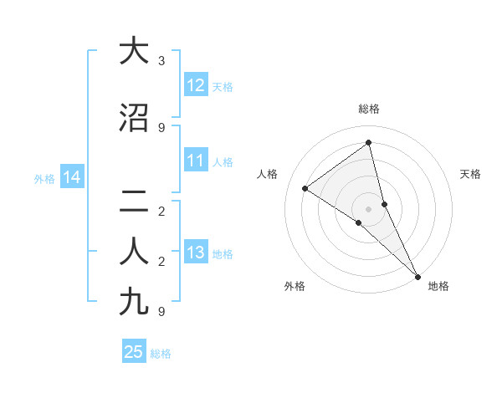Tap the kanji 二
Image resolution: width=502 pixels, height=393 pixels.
[x=131, y=202]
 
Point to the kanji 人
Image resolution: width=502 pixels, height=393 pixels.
[x=131, y=252]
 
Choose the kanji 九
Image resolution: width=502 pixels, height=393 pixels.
[x=131, y=302]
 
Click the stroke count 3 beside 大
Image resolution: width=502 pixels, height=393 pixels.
[x=161, y=61]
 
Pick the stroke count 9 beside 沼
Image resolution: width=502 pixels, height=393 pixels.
[x=161, y=128]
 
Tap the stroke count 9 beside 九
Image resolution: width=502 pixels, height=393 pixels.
[x=161, y=312]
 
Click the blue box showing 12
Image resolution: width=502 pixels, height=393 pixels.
[x=195, y=85]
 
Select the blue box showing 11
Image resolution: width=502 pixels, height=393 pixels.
[x=195, y=161]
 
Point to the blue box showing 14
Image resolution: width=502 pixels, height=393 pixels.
[x=71, y=177]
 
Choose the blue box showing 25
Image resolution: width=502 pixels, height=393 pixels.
[x=133, y=352]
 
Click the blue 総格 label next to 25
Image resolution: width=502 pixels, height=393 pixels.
[x=161, y=354]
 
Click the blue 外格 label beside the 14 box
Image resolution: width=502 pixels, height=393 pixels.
[x=44, y=178]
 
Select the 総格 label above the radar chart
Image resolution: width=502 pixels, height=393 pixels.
[x=369, y=109]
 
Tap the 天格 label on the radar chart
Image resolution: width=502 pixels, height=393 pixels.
[x=471, y=174]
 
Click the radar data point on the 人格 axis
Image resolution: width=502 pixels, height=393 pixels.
[x=305, y=188]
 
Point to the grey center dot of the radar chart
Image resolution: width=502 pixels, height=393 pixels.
[x=369, y=208]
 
